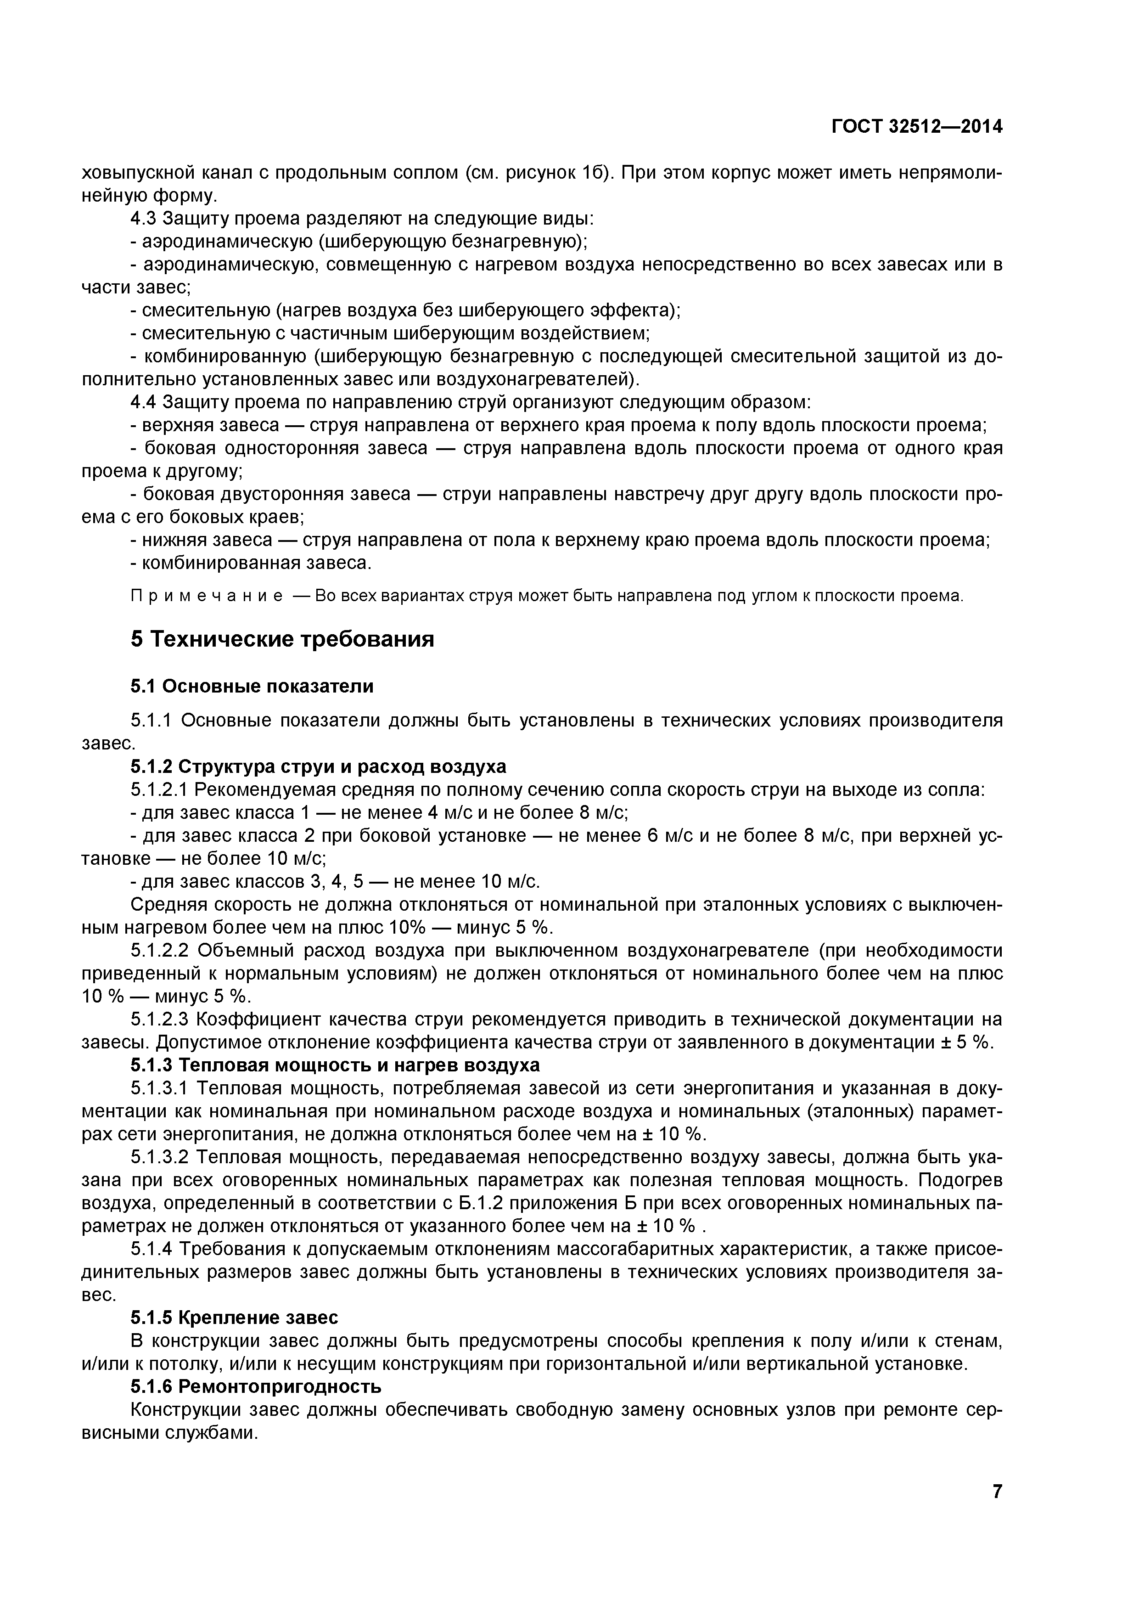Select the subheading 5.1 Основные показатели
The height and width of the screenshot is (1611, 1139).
252,686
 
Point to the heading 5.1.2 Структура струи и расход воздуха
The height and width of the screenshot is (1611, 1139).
318,766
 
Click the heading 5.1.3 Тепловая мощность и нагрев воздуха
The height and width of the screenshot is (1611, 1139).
335,1065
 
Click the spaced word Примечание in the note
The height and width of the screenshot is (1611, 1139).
207,597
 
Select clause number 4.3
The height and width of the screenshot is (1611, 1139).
144,219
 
